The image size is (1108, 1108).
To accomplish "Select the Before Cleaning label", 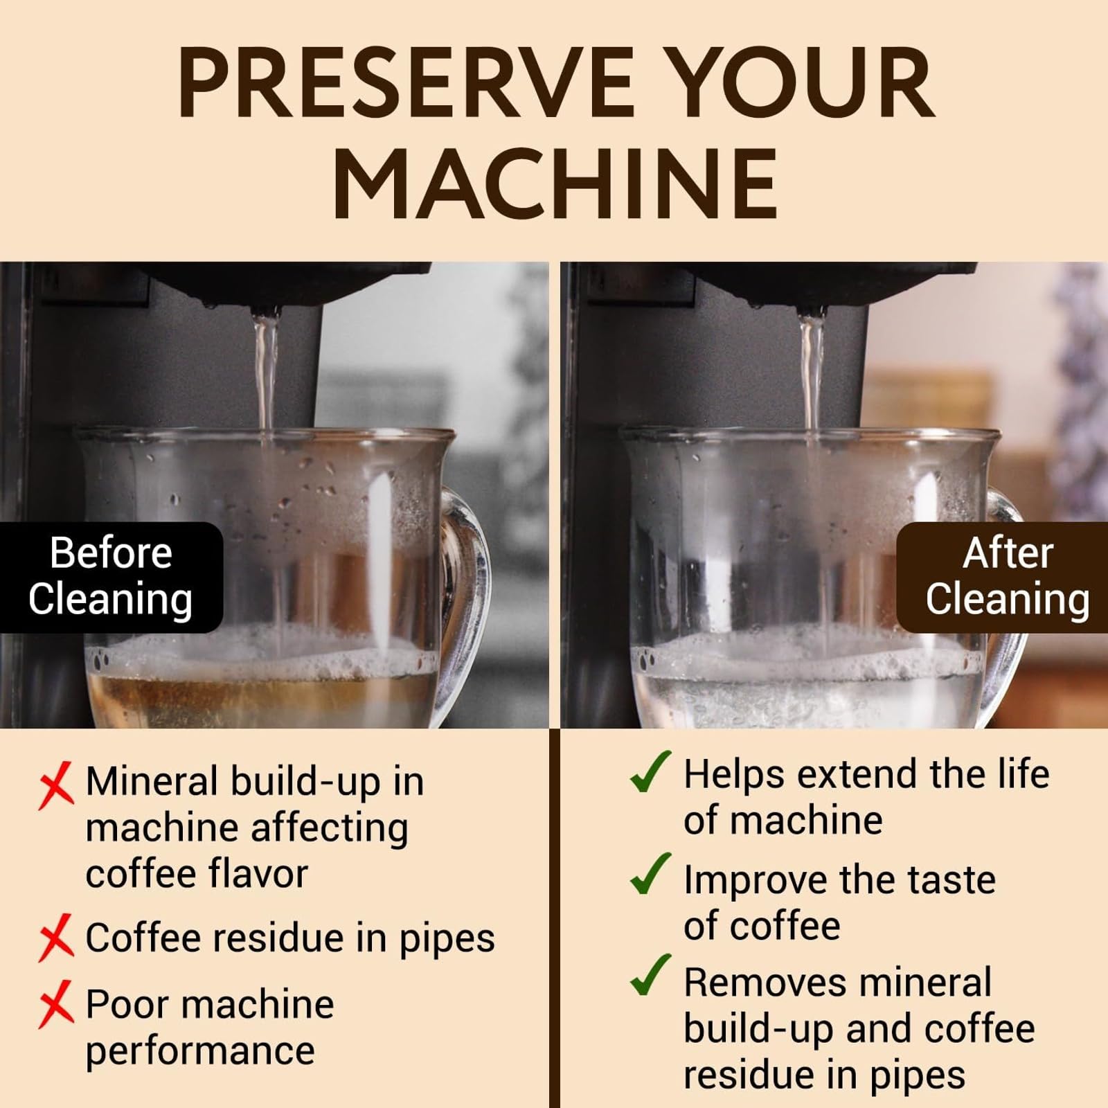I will coord(111,576).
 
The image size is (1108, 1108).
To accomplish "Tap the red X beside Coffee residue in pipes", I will coord(56,938).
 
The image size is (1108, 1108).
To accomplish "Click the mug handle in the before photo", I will coord(471,568).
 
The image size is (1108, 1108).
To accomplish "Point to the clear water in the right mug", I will coord(803,699).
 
